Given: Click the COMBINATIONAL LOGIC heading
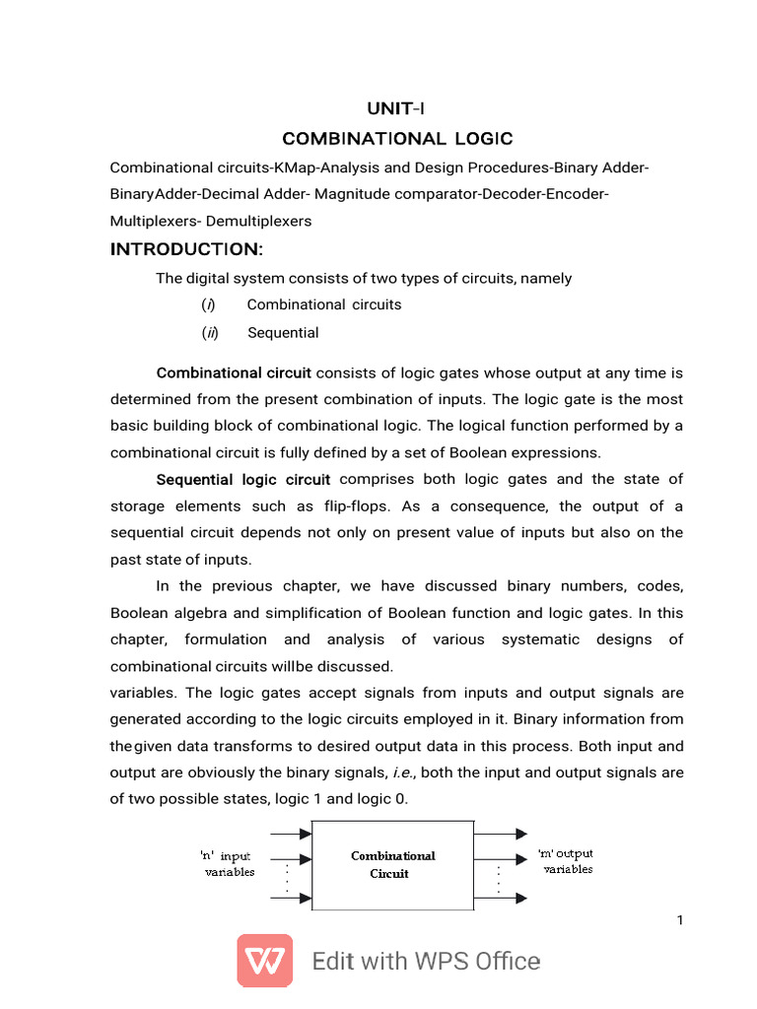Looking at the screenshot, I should pyautogui.click(x=397, y=139).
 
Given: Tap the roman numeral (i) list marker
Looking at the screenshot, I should pyautogui.click(x=209, y=305).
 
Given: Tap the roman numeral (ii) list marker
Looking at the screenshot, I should pyautogui.click(x=210, y=333).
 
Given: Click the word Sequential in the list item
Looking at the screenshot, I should pyautogui.click(x=283, y=333).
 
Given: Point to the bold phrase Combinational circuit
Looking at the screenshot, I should pyautogui.click(x=234, y=373).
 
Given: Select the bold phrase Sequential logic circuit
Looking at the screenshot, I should pyautogui.click(x=243, y=480).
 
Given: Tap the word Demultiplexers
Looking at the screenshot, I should pyautogui.click(x=261, y=222).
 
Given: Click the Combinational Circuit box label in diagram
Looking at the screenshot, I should pyautogui.click(x=392, y=865).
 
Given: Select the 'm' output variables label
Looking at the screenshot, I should pyautogui.click(x=567, y=861).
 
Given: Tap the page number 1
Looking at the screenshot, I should pyautogui.click(x=680, y=920).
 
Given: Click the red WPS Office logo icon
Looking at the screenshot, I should pyautogui.click(x=264, y=961).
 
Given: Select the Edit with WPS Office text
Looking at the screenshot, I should pyautogui.click(x=426, y=962).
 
